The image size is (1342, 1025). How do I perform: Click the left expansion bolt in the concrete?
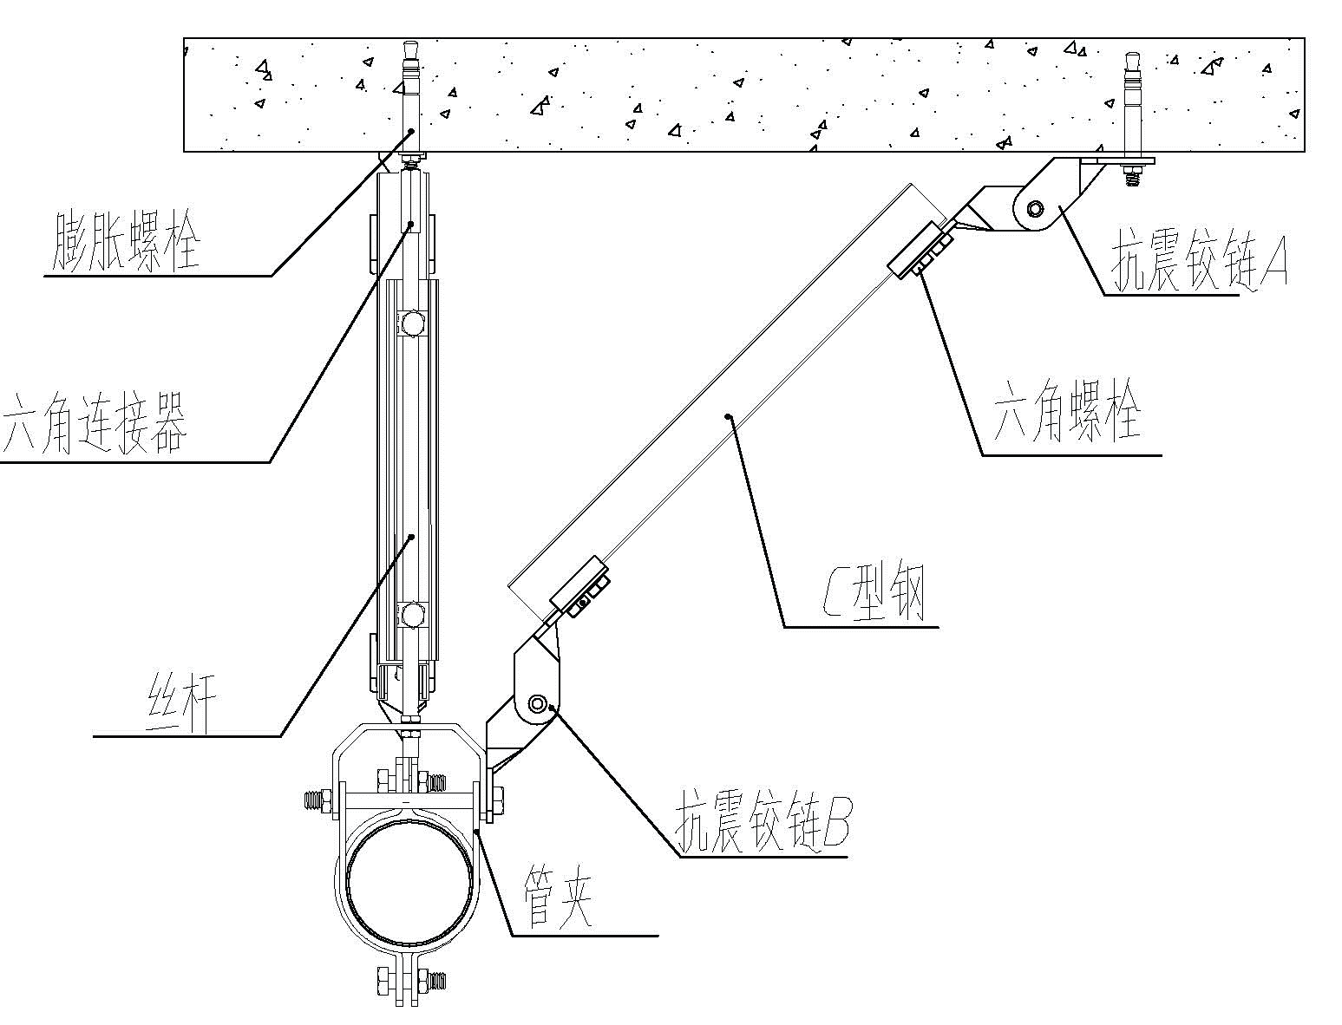tap(411, 100)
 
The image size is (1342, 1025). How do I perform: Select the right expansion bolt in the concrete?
tap(1131, 104)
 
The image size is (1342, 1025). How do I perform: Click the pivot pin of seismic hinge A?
tap(1035, 208)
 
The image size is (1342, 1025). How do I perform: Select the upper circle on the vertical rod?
tap(411, 323)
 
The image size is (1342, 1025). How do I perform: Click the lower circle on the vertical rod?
tap(411, 615)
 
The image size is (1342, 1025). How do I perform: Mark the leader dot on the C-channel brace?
tap(729, 416)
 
